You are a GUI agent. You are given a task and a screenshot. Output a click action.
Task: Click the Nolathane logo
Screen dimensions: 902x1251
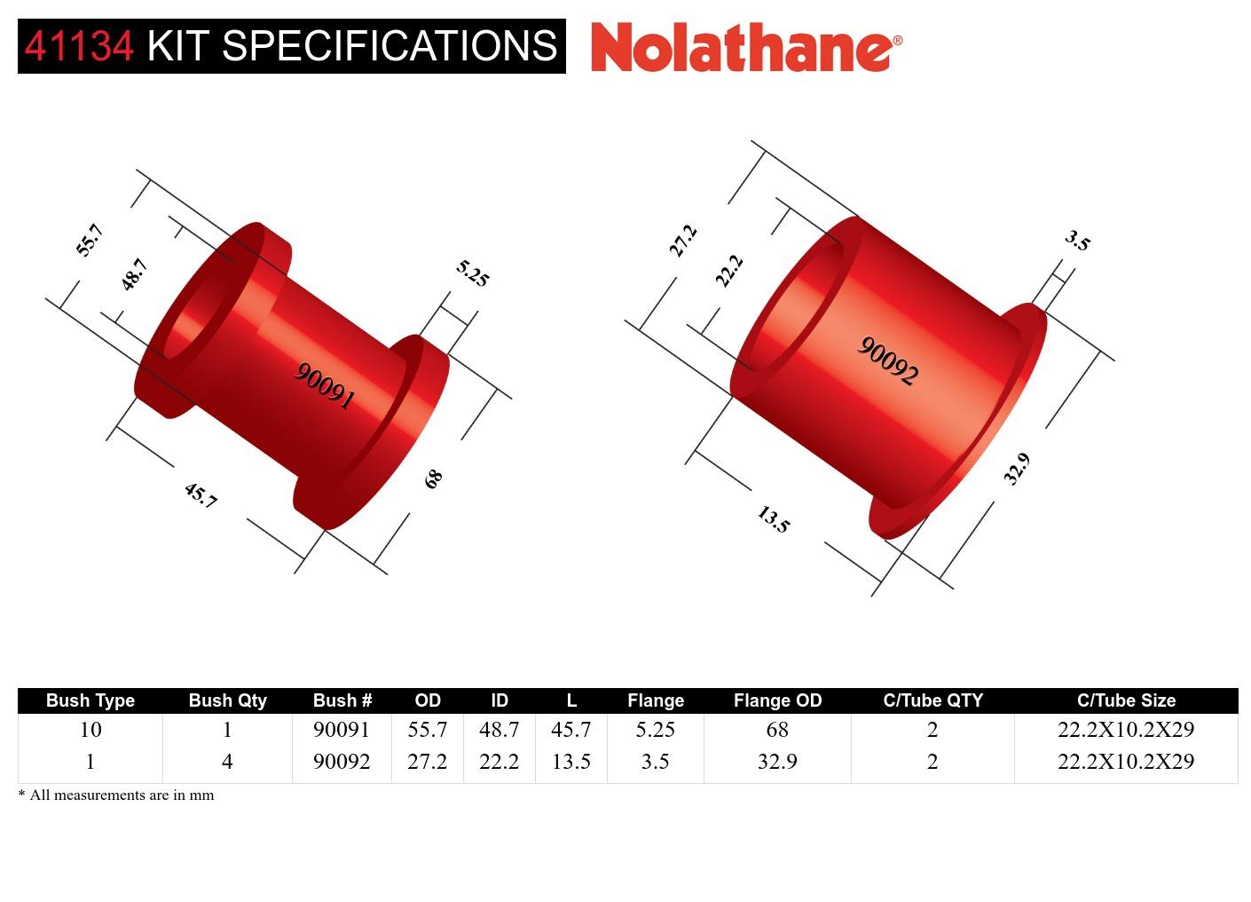[x=745, y=46]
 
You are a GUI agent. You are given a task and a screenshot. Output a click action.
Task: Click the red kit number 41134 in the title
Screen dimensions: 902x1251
[x=79, y=46]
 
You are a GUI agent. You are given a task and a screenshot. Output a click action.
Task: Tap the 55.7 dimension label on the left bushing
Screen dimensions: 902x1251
[x=90, y=241]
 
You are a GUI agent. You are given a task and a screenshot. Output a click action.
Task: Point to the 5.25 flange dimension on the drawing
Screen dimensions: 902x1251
[x=472, y=273]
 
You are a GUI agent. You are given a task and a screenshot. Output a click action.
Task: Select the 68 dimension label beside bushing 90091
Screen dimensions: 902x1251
[x=433, y=479]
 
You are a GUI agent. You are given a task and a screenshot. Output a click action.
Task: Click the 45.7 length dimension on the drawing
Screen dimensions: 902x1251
[x=201, y=495]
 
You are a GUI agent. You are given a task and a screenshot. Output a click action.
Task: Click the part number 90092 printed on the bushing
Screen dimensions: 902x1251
[x=886, y=361]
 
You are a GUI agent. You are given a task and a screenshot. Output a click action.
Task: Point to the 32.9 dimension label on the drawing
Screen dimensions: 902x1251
[x=1017, y=469]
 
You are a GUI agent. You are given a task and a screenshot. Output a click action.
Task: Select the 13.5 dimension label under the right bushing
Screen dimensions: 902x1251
[x=773, y=519]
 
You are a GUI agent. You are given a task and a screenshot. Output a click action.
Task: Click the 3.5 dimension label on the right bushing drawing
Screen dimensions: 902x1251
[x=1077, y=241]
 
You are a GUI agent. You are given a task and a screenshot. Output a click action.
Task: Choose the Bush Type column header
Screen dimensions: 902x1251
[x=90, y=700]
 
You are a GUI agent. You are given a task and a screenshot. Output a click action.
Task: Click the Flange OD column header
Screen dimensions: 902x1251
[x=777, y=700]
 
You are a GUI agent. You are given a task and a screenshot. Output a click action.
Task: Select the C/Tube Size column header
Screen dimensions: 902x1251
[x=1125, y=700]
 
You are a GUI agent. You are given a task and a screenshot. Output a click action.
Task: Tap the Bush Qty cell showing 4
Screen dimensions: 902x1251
[x=227, y=762]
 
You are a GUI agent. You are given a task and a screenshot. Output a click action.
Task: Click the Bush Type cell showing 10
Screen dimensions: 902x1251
[x=90, y=730]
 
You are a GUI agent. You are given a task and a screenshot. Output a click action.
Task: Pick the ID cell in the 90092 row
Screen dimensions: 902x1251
[x=499, y=762]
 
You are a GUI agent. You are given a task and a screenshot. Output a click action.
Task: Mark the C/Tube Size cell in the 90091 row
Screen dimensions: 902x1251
[x=1125, y=730]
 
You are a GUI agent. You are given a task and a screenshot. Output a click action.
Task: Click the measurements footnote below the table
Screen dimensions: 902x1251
[x=116, y=795]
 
